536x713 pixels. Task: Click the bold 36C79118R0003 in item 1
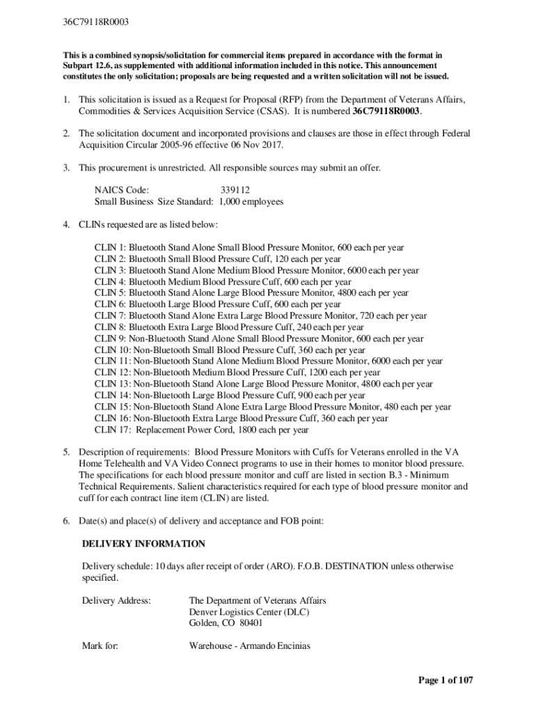pyautogui.click(x=386, y=111)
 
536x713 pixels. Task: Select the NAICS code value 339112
pyautogui.click(x=235, y=190)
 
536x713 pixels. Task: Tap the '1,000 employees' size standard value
pyautogui.click(x=251, y=202)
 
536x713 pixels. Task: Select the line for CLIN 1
pyautogui.click(x=249, y=247)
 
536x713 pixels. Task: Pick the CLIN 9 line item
pyautogui.click(x=258, y=338)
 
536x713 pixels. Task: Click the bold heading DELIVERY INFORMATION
pyautogui.click(x=143, y=544)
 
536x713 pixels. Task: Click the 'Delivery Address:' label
pyautogui.click(x=116, y=600)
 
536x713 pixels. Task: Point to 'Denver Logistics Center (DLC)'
pyautogui.click(x=249, y=612)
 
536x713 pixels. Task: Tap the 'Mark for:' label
pyautogui.click(x=100, y=646)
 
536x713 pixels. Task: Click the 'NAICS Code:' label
pyautogui.click(x=122, y=190)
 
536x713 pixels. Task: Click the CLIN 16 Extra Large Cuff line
pyautogui.click(x=241, y=418)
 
